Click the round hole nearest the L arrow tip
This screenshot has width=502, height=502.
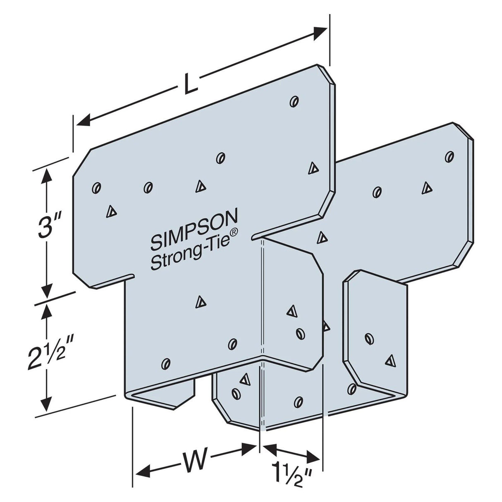point(294,101)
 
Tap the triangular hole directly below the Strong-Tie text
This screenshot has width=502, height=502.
point(200,302)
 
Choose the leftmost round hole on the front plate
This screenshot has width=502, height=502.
point(96,187)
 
